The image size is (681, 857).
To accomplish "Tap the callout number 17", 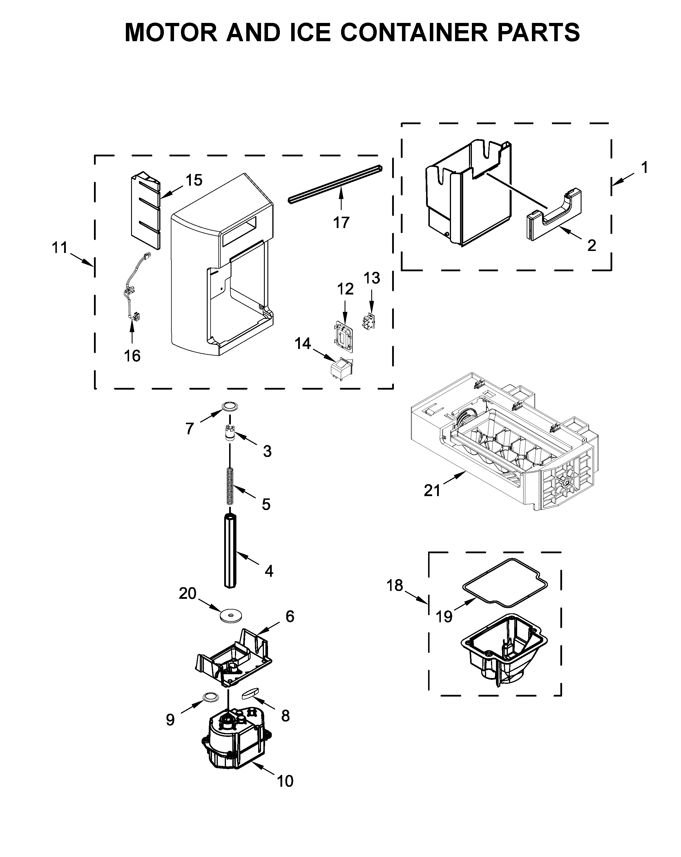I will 341,223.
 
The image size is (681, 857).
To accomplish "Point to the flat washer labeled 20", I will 231,616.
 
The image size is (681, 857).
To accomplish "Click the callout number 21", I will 432,491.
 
